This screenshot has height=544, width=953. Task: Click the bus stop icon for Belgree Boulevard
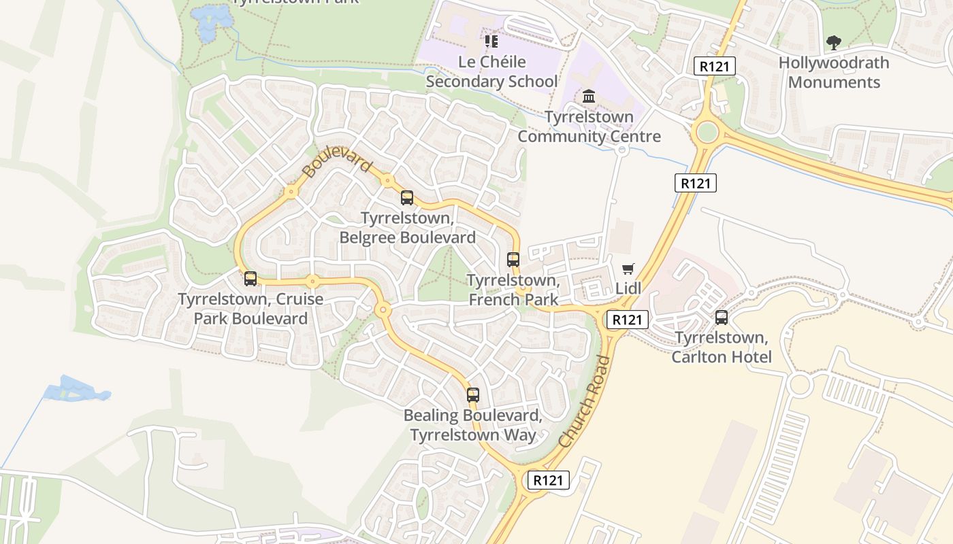pos(407,198)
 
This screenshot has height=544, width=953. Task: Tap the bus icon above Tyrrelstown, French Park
pos(513,259)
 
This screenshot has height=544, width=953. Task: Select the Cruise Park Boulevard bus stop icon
pos(251,278)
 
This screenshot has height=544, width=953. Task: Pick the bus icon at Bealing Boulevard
pos(473,394)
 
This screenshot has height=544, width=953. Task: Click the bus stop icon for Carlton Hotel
pos(722,317)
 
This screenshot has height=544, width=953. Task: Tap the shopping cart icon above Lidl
pos(628,269)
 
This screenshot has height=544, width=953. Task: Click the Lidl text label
pos(628,288)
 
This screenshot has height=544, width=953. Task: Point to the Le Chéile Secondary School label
pos(491,72)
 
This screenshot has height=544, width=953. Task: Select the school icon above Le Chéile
pos(491,41)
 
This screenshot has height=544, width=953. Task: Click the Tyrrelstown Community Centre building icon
pos(589,96)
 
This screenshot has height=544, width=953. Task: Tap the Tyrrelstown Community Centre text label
pos(589,126)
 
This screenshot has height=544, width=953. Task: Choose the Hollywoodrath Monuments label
pos(834,73)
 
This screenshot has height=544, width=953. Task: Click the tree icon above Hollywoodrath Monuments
pos(834,44)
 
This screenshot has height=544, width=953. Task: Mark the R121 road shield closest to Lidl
pos(627,320)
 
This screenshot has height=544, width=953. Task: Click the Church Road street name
pos(585,402)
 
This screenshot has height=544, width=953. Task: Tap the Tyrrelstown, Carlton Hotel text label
pos(722,347)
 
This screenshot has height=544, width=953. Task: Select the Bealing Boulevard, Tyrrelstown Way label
pos(473,425)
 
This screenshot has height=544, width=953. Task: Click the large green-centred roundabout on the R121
pos(708,131)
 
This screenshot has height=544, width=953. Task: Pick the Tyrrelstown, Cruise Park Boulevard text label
pos(251,309)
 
